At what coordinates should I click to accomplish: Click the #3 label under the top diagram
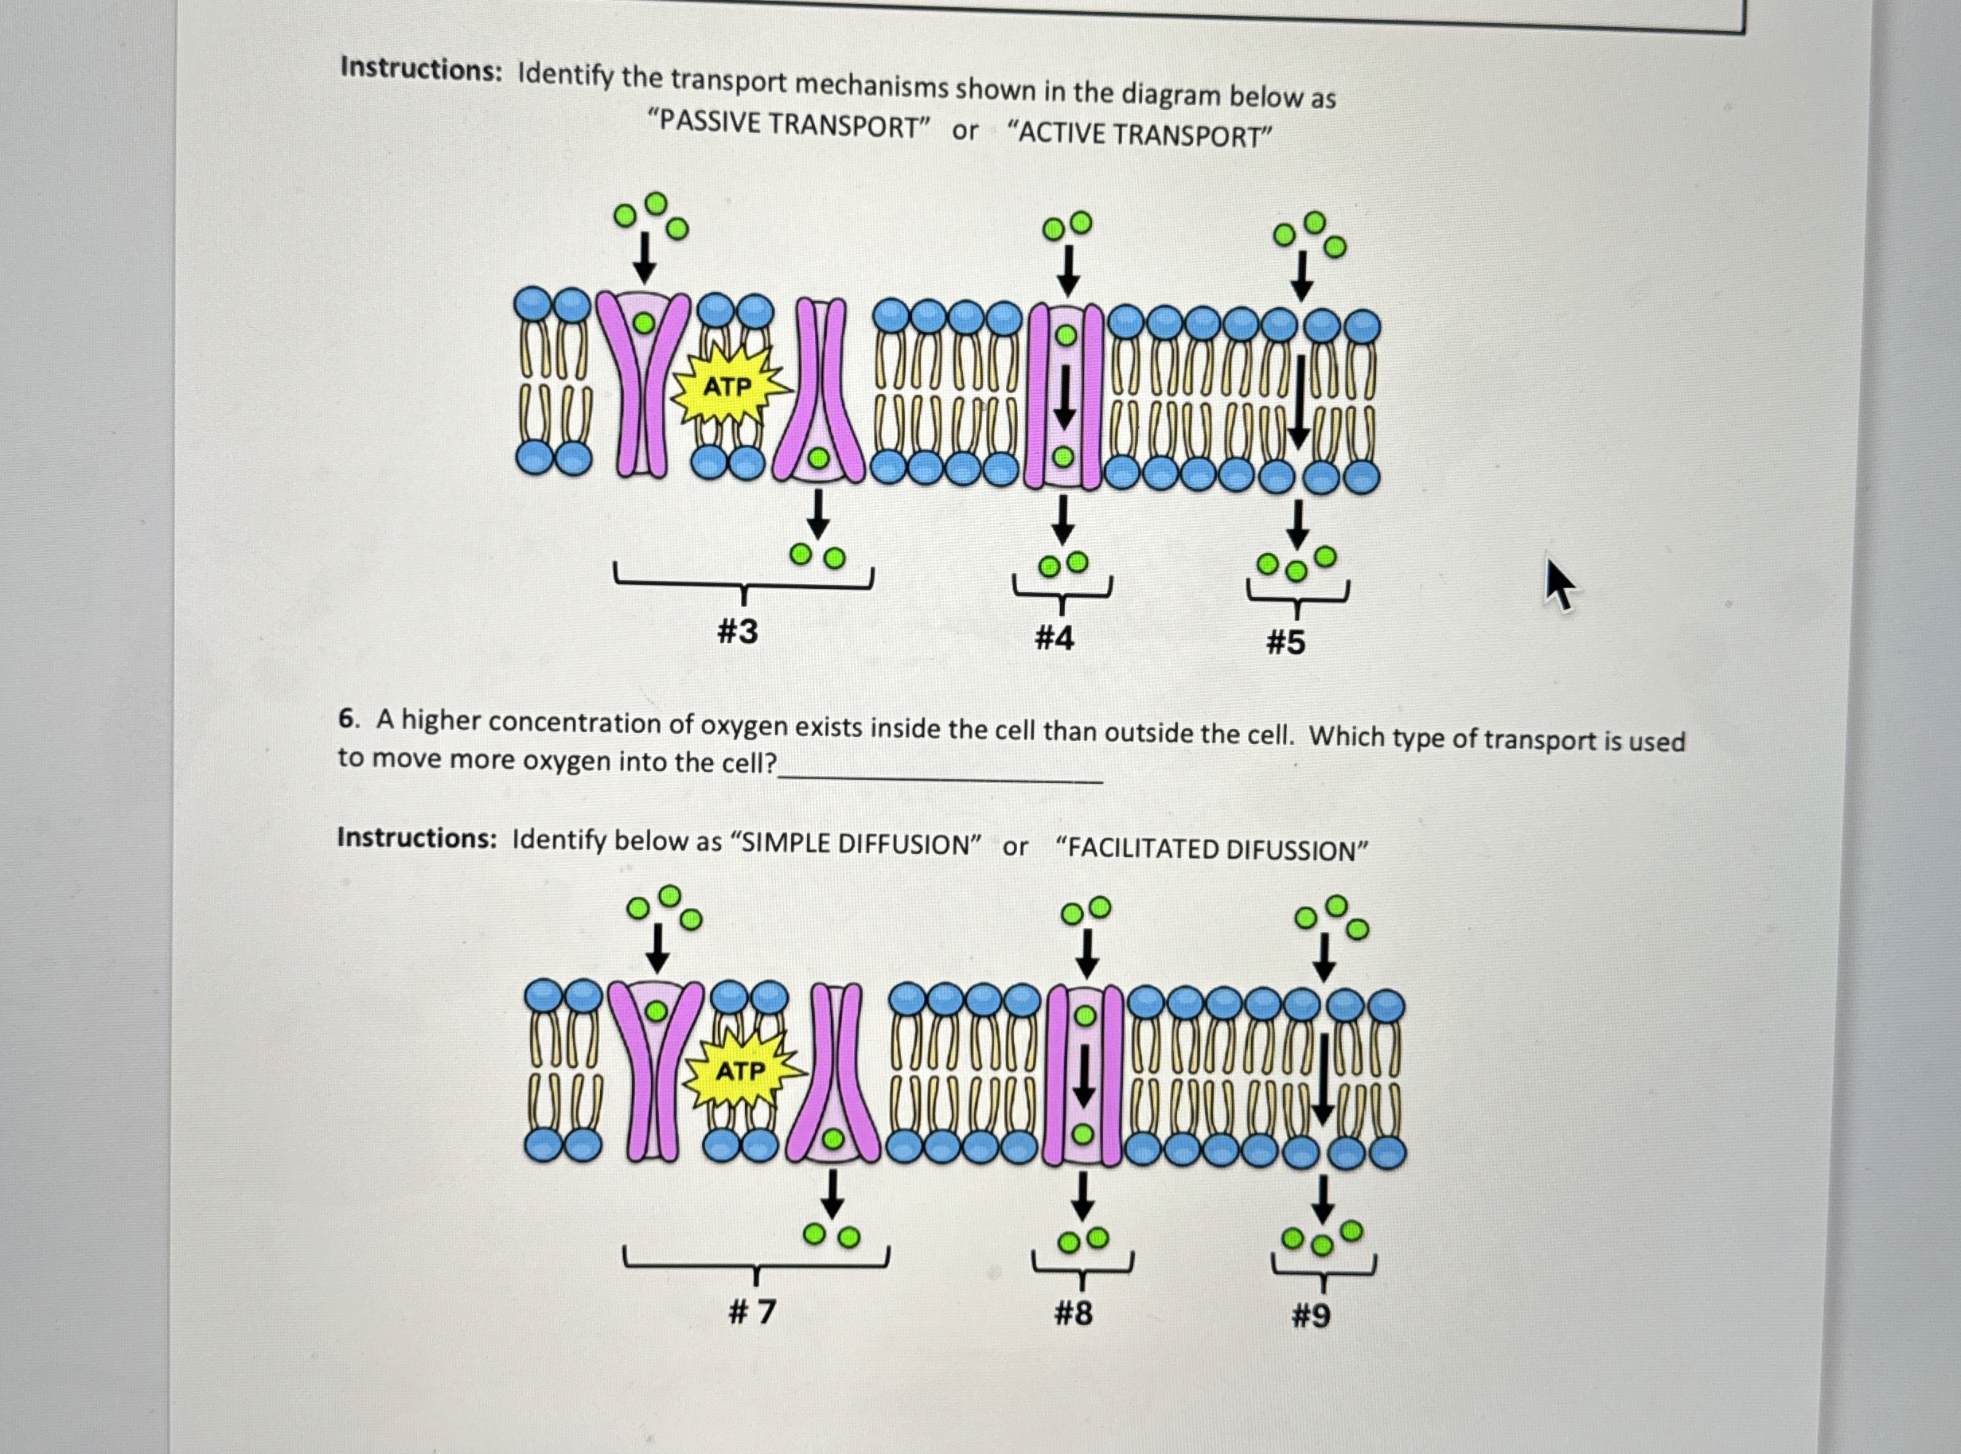click(x=738, y=631)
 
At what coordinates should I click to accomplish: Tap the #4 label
click(x=1055, y=637)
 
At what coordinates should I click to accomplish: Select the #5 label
click(x=1285, y=642)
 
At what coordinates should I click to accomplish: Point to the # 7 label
click(x=753, y=1312)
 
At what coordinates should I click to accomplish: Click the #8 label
click(x=1073, y=1313)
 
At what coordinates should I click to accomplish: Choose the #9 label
click(x=1311, y=1316)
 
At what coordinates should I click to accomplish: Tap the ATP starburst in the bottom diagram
click(x=740, y=1071)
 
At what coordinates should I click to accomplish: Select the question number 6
click(x=349, y=719)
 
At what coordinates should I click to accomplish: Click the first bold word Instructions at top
click(x=422, y=68)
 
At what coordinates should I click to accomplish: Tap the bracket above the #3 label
click(x=744, y=583)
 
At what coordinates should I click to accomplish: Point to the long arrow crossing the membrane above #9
click(x=1323, y=1078)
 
